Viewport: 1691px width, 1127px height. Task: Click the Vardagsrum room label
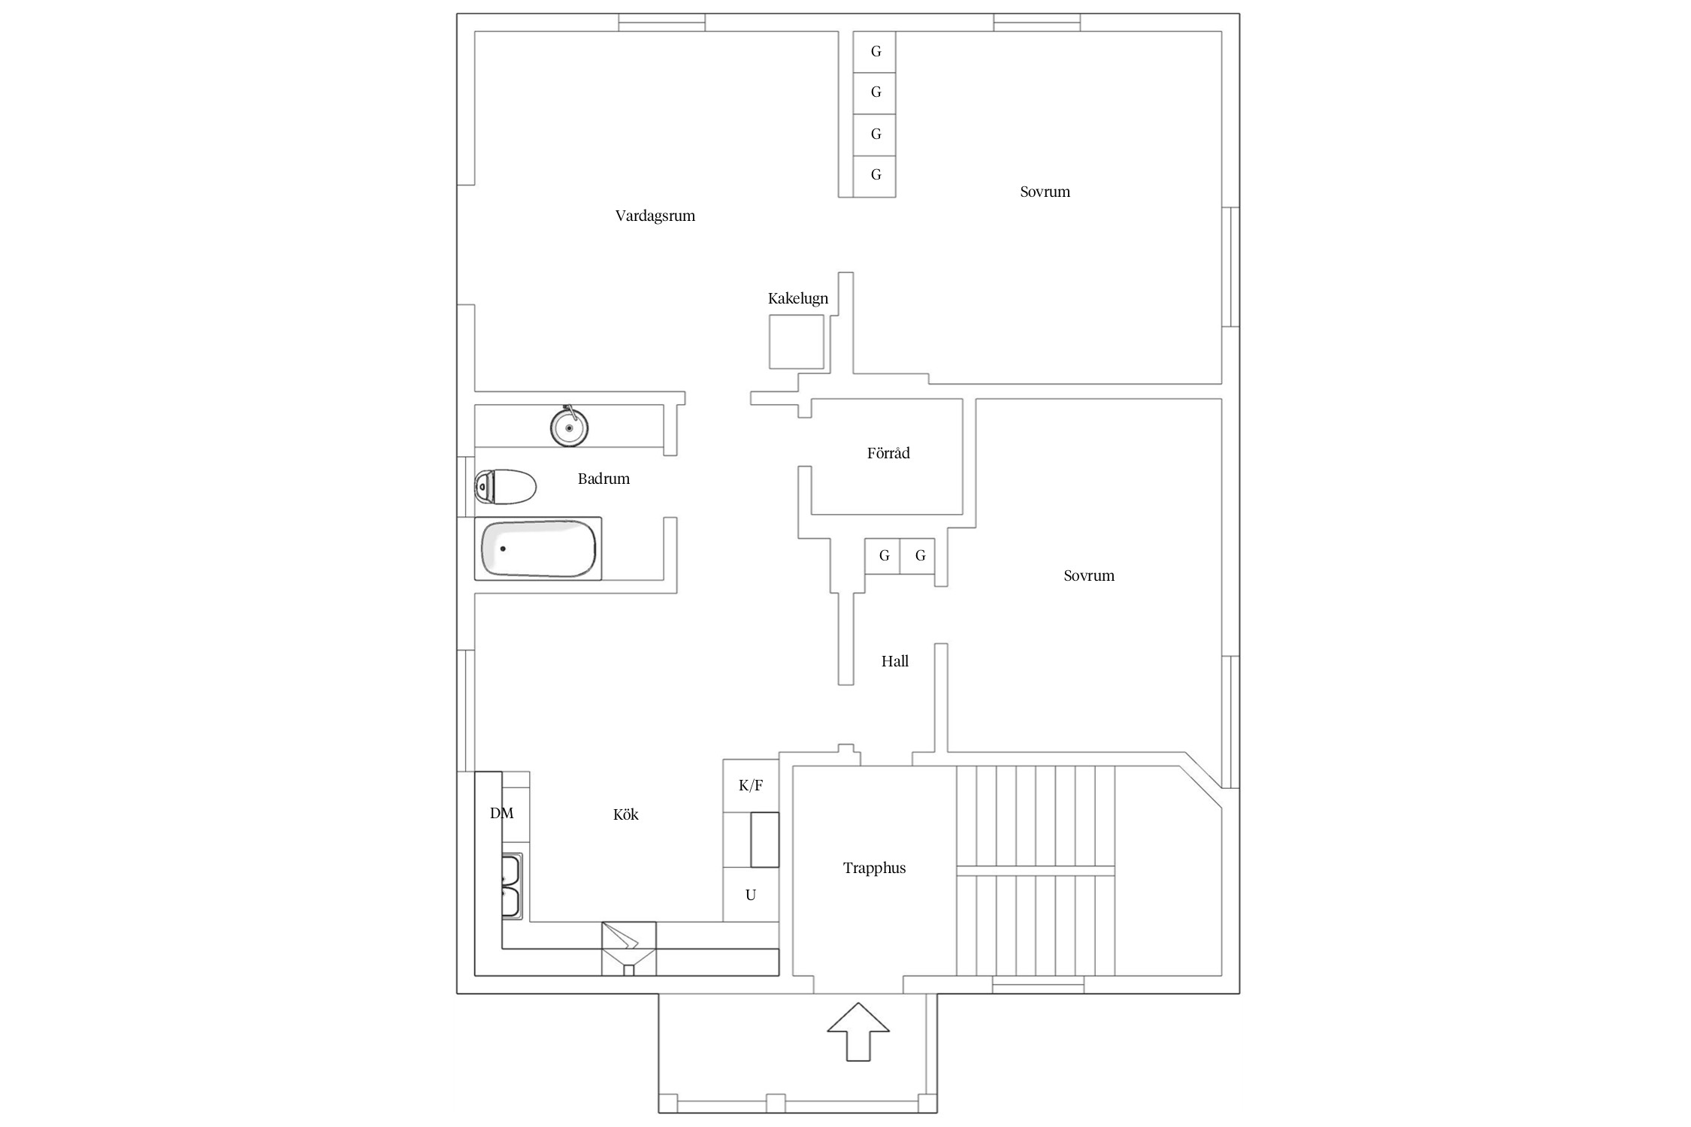click(x=655, y=216)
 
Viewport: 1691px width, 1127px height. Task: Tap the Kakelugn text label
click(x=797, y=298)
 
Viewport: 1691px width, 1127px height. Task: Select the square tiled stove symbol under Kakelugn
click(x=797, y=342)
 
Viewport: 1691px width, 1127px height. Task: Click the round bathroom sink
click(x=569, y=426)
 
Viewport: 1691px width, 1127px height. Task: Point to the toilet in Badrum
click(x=505, y=486)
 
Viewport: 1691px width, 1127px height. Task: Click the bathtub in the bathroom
click(x=538, y=548)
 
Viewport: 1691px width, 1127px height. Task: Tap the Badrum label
click(x=603, y=479)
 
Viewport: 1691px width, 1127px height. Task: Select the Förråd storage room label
click(x=888, y=453)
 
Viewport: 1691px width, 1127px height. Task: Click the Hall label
click(x=894, y=661)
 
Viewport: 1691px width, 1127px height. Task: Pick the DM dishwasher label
click(x=501, y=813)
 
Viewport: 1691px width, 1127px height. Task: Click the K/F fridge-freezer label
click(x=751, y=786)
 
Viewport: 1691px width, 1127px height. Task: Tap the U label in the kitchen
click(x=750, y=895)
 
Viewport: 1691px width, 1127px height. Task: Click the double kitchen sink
click(x=513, y=886)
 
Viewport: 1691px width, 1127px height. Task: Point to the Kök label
click(x=625, y=814)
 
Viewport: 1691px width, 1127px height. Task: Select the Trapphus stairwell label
click(x=874, y=869)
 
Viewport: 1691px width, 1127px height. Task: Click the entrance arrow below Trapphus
click(x=858, y=1032)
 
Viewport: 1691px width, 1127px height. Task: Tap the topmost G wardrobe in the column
click(x=875, y=52)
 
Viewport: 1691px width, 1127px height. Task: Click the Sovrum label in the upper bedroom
click(x=1045, y=192)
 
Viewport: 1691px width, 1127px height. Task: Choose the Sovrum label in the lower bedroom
click(x=1089, y=576)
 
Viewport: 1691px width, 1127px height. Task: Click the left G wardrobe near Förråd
click(x=884, y=556)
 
